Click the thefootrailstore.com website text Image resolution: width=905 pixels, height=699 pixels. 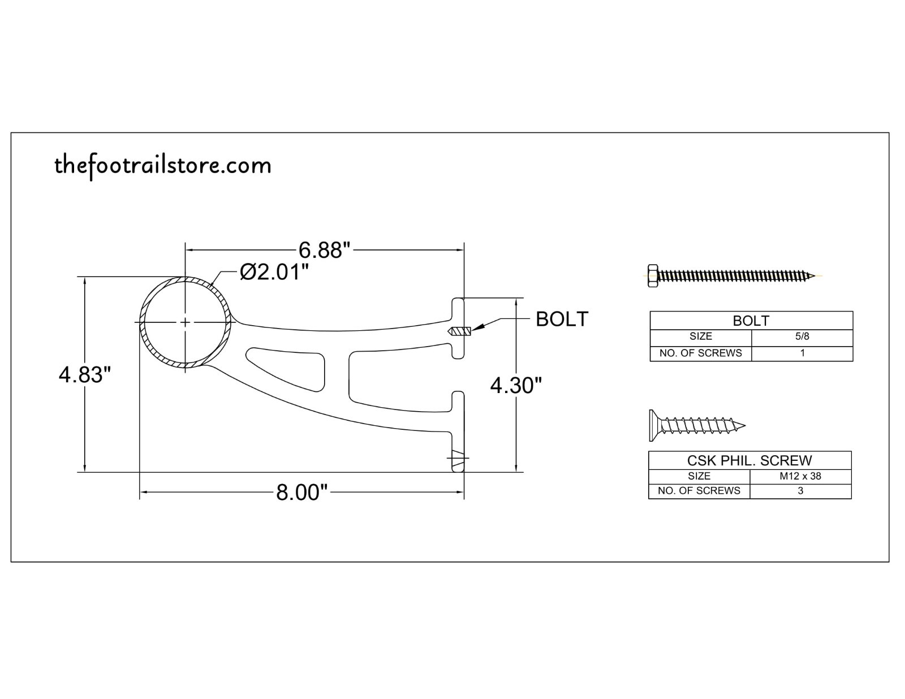(x=163, y=166)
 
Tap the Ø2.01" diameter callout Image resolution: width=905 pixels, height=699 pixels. (x=274, y=272)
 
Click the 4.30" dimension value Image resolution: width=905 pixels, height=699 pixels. (x=516, y=386)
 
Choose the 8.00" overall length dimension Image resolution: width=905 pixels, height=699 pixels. (x=302, y=493)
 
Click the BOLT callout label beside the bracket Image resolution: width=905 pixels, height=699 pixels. (x=562, y=319)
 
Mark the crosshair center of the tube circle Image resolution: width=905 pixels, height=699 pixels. (x=186, y=322)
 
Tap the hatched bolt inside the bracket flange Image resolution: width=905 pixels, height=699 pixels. (x=459, y=331)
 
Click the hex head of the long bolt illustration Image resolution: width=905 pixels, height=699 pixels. (x=652, y=275)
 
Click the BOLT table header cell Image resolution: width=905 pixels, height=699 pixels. (x=751, y=321)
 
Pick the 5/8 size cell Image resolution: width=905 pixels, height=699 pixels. (x=801, y=336)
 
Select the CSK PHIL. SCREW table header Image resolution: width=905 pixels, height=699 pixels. (x=749, y=460)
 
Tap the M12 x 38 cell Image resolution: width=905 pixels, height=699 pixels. (x=800, y=476)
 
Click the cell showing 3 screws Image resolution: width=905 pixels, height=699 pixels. (x=800, y=491)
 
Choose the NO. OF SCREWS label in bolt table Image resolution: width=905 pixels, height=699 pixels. (x=700, y=353)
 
